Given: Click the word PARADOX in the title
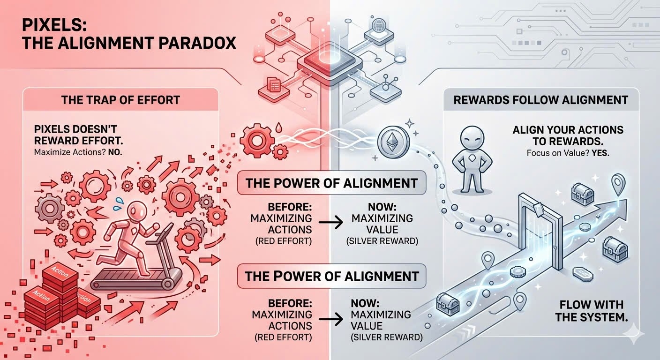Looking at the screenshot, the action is pos(197,43).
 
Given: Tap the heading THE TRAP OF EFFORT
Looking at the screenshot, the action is pos(120,100).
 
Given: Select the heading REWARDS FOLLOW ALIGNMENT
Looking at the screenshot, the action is pos(540,100).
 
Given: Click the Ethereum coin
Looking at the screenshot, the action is pos(393,142).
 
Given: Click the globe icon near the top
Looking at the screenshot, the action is pos(379,25).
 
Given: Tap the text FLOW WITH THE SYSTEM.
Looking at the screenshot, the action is pos(592,311).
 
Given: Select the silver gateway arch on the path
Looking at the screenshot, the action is pos(540,230).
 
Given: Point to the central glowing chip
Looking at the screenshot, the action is pos(330,63).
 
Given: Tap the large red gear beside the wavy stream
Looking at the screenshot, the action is pos(257,141).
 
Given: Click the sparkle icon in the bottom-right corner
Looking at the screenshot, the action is pos(633,333).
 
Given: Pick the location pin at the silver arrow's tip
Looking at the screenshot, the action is pos(618,185).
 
